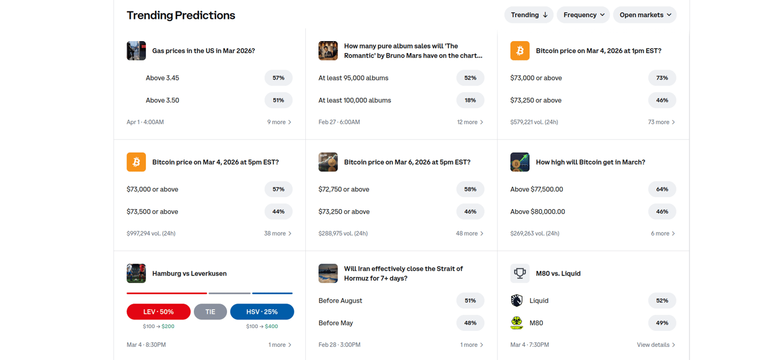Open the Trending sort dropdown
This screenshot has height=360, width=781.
[x=528, y=15]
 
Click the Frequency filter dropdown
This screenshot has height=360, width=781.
[x=583, y=15]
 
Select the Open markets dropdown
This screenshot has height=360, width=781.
[x=644, y=15]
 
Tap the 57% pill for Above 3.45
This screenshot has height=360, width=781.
[x=278, y=78]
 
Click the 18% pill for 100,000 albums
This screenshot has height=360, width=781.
[x=470, y=100]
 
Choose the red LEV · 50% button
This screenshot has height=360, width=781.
[x=158, y=312]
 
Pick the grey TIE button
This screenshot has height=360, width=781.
[x=210, y=312]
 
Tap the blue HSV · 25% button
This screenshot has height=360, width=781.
[x=262, y=312]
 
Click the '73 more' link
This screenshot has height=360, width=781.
[x=662, y=122]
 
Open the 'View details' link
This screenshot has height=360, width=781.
[x=656, y=345]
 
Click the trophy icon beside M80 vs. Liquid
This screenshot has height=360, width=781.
[x=520, y=274]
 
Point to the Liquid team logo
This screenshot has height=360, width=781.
[x=517, y=301]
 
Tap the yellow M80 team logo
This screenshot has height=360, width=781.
[x=517, y=323]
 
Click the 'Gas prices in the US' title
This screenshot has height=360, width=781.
[x=204, y=51]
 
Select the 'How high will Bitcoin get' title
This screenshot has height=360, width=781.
[x=590, y=162]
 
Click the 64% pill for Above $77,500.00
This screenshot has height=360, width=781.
[x=662, y=189]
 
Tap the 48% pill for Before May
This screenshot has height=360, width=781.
[x=470, y=323]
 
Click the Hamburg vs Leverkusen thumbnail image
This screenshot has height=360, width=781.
[x=136, y=274]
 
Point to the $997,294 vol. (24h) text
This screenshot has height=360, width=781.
[x=151, y=234]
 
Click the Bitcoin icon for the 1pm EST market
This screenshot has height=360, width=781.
[x=520, y=51]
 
